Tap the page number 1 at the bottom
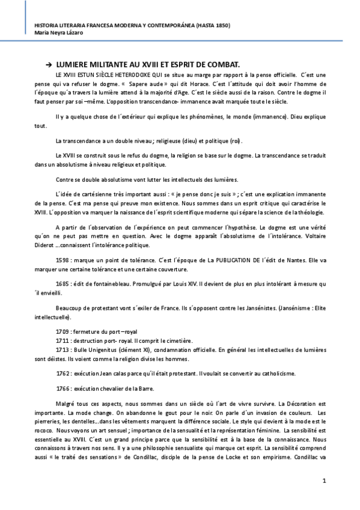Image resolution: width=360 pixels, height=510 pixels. click(324, 481)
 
